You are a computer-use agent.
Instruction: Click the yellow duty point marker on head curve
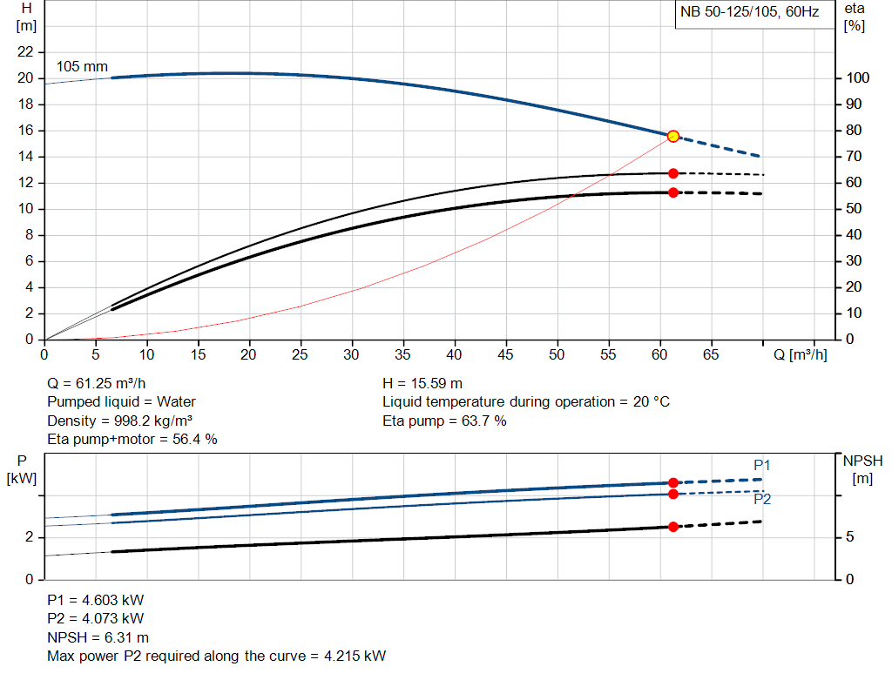click(x=672, y=137)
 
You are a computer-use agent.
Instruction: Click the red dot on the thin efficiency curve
click(x=672, y=173)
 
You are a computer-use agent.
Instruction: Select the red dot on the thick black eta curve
click(x=672, y=192)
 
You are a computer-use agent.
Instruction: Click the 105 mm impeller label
click(x=82, y=66)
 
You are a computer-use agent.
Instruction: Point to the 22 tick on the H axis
click(x=25, y=52)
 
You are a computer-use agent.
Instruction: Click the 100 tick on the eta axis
click(x=857, y=78)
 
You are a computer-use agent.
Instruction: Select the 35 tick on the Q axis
click(x=402, y=354)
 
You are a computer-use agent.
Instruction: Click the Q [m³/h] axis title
click(x=801, y=354)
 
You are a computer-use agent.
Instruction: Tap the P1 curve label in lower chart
click(x=761, y=466)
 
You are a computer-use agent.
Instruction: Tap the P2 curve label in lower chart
click(x=761, y=499)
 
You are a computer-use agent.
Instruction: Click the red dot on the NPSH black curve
click(x=672, y=527)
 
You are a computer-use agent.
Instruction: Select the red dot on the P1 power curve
click(x=672, y=482)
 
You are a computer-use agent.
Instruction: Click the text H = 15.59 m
click(x=422, y=383)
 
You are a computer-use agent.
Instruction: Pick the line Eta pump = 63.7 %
click(x=444, y=421)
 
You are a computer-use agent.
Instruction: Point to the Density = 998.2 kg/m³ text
click(x=119, y=421)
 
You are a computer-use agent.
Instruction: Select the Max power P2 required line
click(x=216, y=656)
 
